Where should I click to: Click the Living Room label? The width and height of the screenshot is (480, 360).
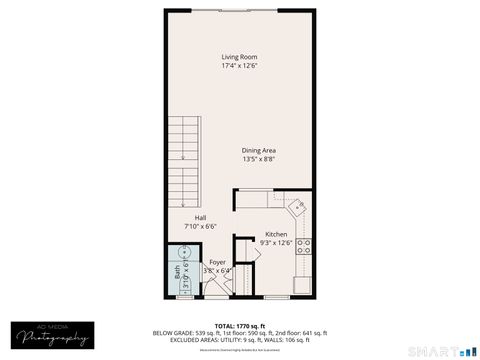pos(239,57)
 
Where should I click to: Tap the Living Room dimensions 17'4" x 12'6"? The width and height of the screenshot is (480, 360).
pos(239,66)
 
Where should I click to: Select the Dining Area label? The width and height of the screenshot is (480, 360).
pos(258,150)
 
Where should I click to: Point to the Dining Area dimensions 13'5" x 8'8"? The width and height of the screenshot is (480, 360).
pos(258,159)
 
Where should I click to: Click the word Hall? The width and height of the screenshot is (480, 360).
pos(200,218)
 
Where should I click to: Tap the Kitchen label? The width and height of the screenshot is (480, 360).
pos(276,234)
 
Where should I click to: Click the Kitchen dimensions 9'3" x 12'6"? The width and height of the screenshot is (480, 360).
pos(276,243)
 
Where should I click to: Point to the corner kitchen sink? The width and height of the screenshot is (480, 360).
pos(298,208)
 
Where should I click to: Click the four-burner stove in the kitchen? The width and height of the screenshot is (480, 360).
pos(304,245)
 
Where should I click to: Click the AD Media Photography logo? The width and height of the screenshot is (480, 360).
pos(49,337)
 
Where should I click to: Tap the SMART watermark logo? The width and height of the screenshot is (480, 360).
pos(441,351)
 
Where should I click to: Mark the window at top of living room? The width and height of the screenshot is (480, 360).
pos(249,11)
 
